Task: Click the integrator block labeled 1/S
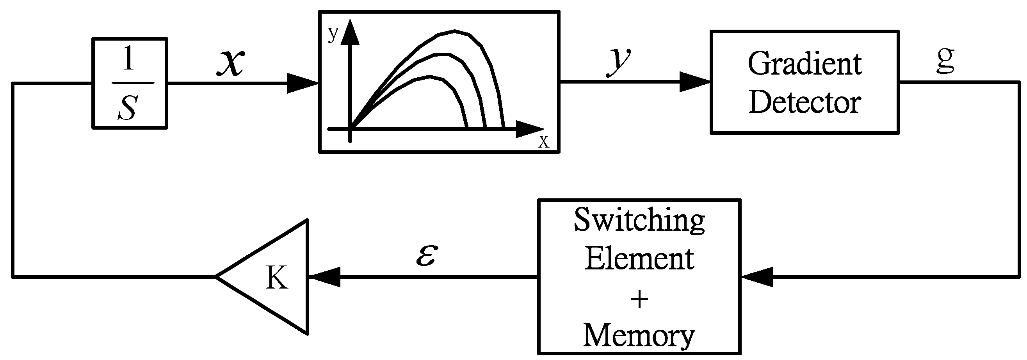(x=130, y=83)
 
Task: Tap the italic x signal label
(x=231, y=62)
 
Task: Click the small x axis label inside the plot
(x=543, y=141)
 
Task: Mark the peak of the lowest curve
(x=430, y=76)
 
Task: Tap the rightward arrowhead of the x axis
(x=529, y=129)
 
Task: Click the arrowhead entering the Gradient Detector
(x=695, y=82)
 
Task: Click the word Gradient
(x=805, y=64)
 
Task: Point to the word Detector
(x=805, y=102)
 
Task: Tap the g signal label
(x=945, y=60)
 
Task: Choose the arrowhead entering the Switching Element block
(x=757, y=276)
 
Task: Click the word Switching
(x=639, y=221)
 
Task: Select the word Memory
(x=639, y=336)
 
